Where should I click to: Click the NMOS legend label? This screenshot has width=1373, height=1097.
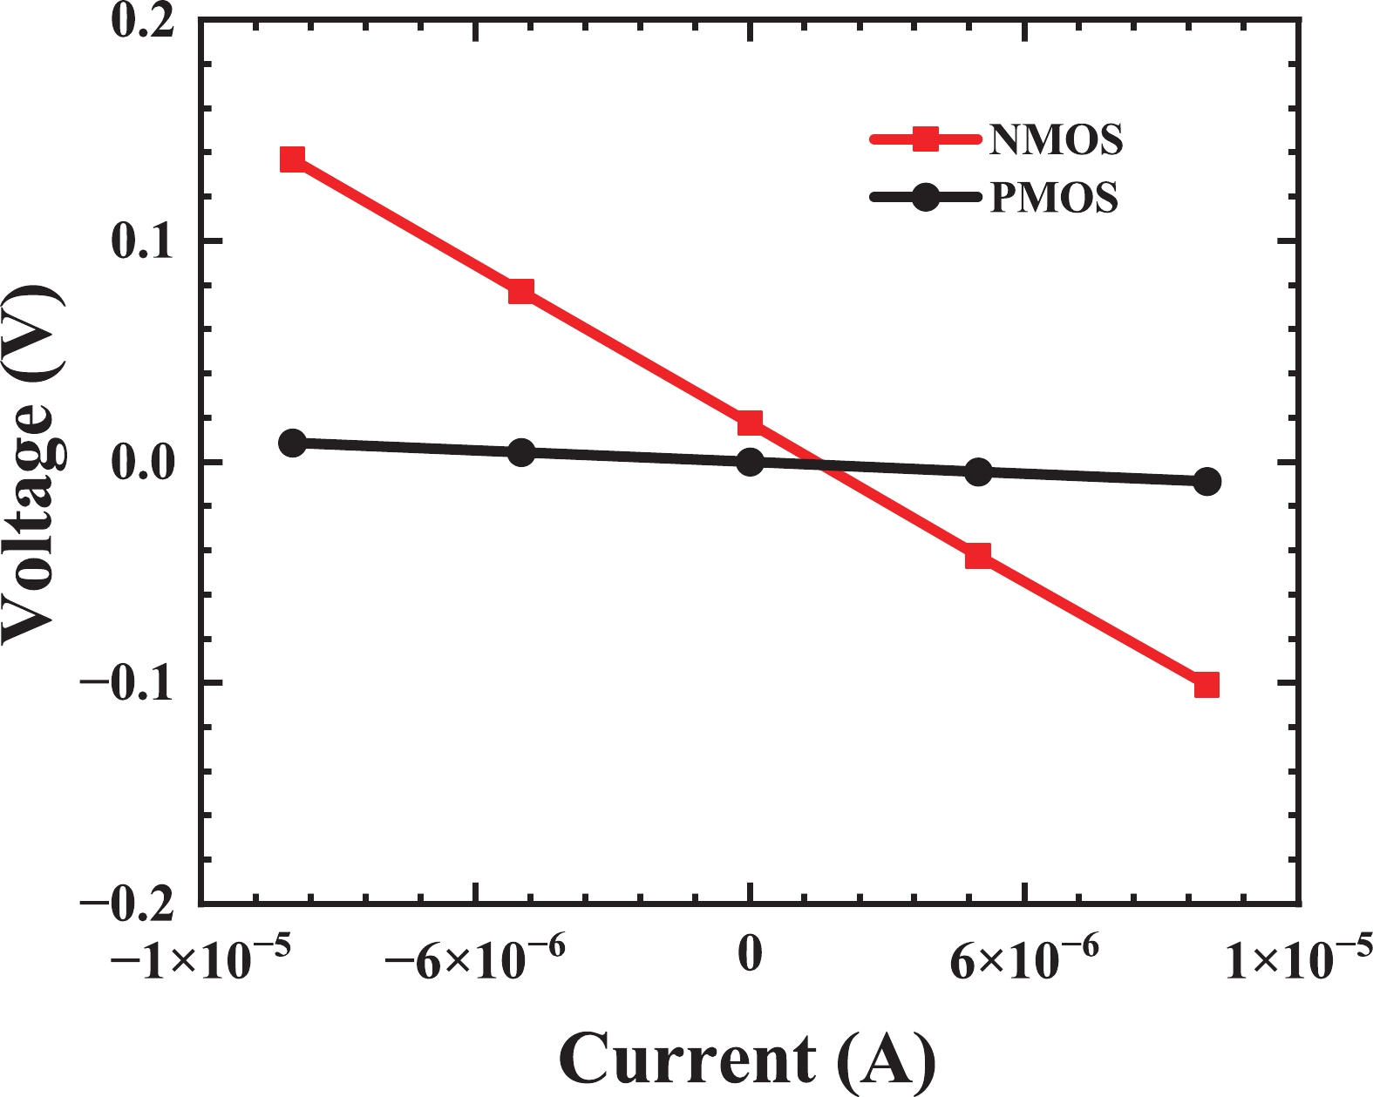click(x=1056, y=139)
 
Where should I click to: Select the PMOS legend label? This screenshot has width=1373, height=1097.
click(x=1054, y=198)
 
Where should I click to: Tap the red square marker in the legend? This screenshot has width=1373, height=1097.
click(x=925, y=139)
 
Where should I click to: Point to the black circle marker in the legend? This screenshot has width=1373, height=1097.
click(x=925, y=198)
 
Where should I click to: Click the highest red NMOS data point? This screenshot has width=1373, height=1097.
click(x=293, y=159)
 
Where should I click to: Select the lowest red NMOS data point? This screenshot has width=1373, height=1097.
click(x=1206, y=685)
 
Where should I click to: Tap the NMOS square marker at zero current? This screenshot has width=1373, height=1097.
click(x=750, y=423)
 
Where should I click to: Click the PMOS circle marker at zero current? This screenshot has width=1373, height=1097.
click(x=750, y=462)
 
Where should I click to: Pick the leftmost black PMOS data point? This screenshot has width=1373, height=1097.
click(x=293, y=443)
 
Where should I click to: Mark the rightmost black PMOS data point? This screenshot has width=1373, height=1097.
click(x=1206, y=481)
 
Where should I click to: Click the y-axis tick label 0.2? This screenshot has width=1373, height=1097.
click(x=143, y=21)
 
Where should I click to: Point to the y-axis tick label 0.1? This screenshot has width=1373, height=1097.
click(x=143, y=241)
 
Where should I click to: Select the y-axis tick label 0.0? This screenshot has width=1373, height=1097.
click(x=143, y=462)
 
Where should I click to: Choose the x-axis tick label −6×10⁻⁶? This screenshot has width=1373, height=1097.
click(x=476, y=959)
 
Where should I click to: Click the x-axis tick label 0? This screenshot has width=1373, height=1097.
click(x=750, y=955)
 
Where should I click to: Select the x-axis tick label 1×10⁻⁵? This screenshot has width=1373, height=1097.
click(x=1299, y=959)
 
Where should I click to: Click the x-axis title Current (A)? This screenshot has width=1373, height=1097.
click(x=748, y=1060)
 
